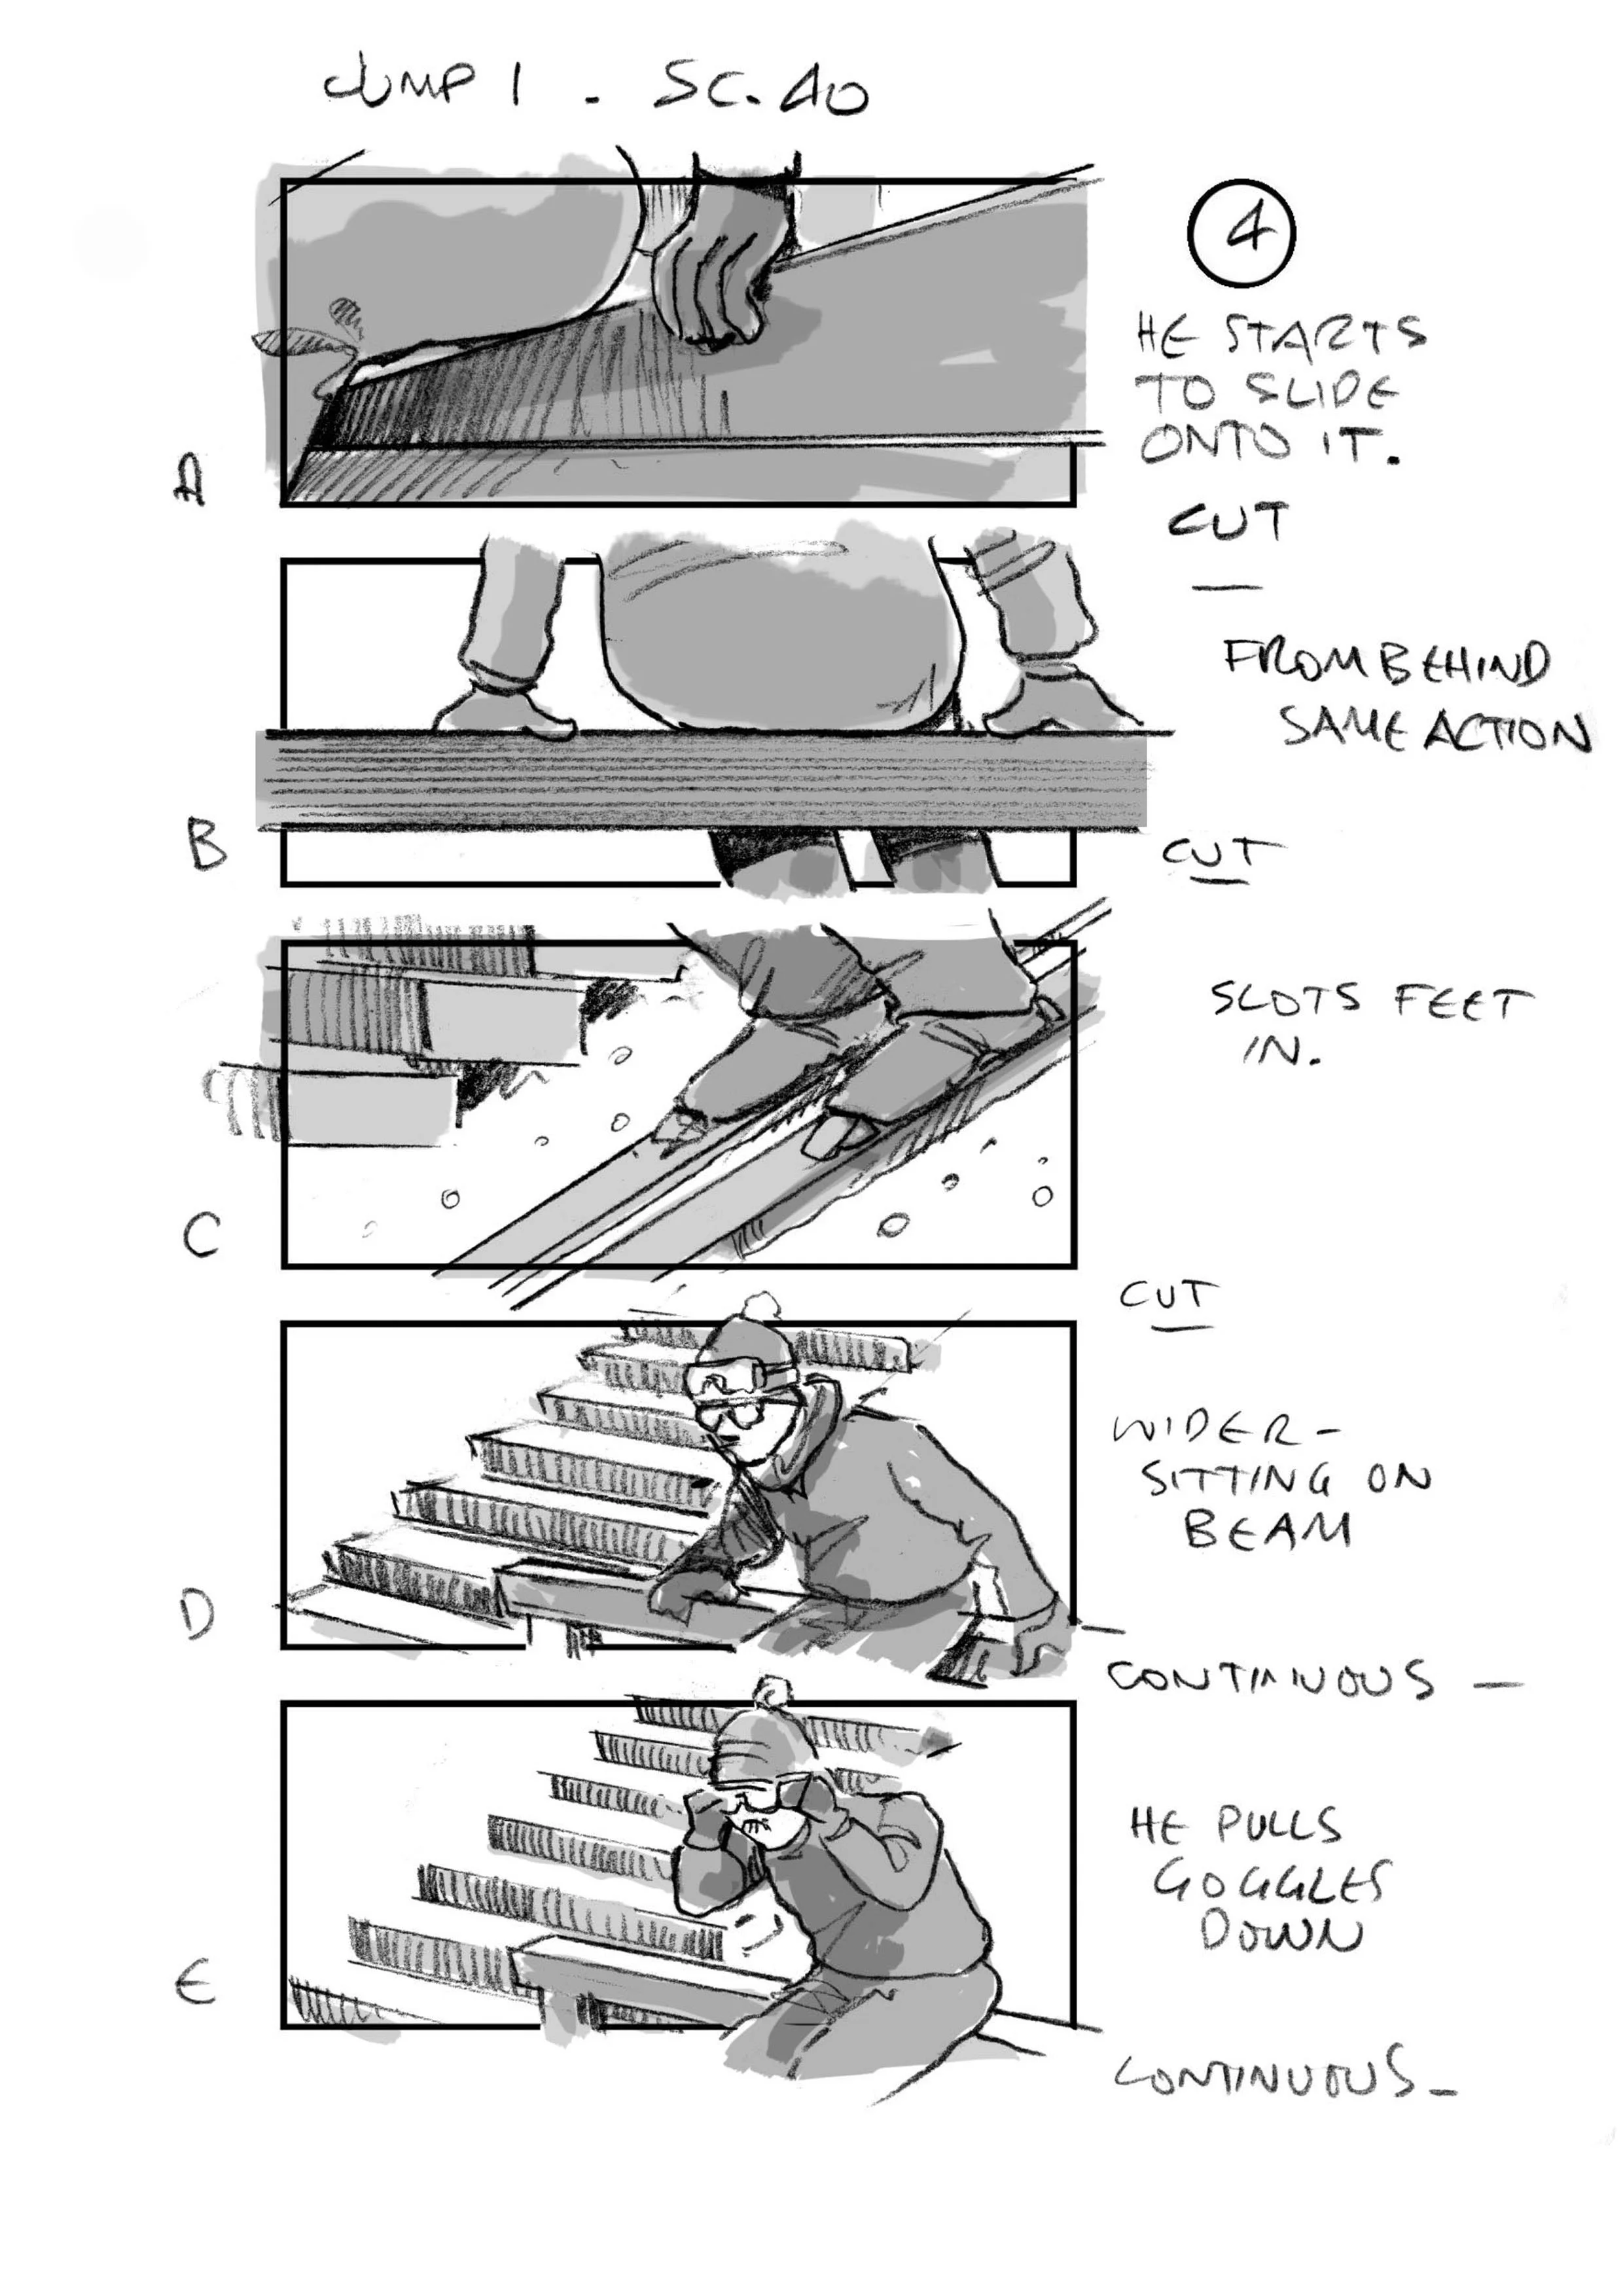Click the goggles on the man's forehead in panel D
[735, 1380]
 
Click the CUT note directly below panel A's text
[1227, 523]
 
